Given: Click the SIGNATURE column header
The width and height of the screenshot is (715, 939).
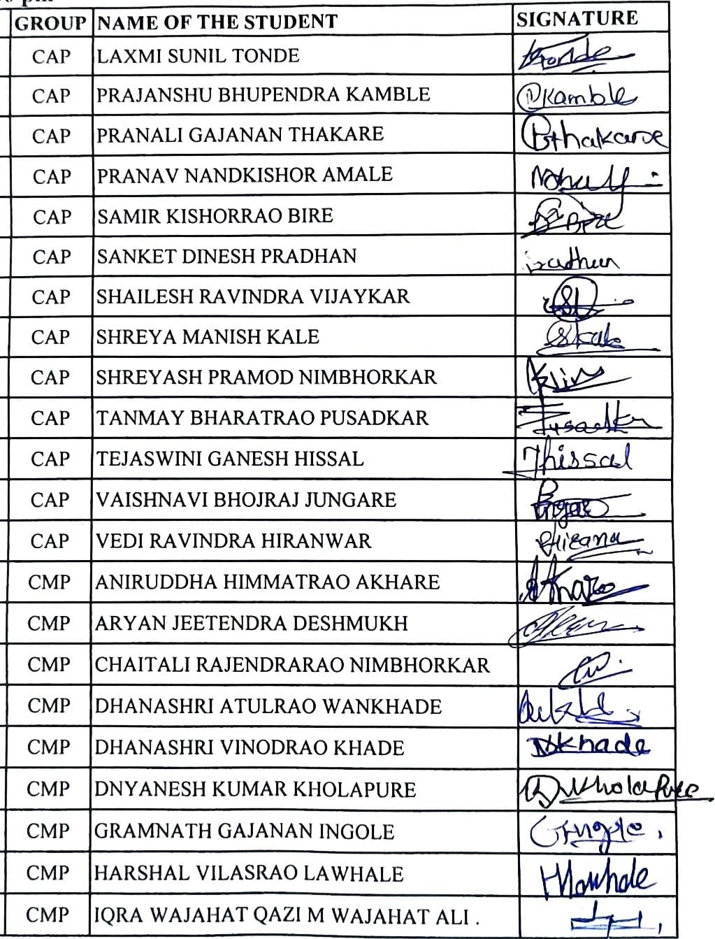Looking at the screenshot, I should (577, 19).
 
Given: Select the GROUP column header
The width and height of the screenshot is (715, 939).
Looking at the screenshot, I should (50, 23).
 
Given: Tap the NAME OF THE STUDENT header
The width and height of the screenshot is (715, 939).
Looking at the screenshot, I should (217, 22).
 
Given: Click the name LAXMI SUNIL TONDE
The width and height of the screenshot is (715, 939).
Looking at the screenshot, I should (198, 55).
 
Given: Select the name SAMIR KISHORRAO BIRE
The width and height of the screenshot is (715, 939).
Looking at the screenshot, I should (215, 215).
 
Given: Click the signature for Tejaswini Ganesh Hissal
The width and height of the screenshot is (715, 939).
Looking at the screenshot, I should (577, 459).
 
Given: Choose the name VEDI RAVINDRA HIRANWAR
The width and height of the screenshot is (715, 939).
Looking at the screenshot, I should (233, 540).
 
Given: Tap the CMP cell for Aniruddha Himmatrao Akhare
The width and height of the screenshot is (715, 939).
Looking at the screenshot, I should (49, 582).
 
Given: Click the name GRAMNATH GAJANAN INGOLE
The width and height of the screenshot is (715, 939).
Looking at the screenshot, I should (244, 831).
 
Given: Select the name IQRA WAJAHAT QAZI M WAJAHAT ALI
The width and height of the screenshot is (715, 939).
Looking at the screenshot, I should (287, 915).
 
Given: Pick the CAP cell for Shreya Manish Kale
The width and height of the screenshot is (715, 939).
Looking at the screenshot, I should (50, 337).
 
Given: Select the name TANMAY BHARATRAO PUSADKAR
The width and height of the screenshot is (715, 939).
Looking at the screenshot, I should (262, 418).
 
